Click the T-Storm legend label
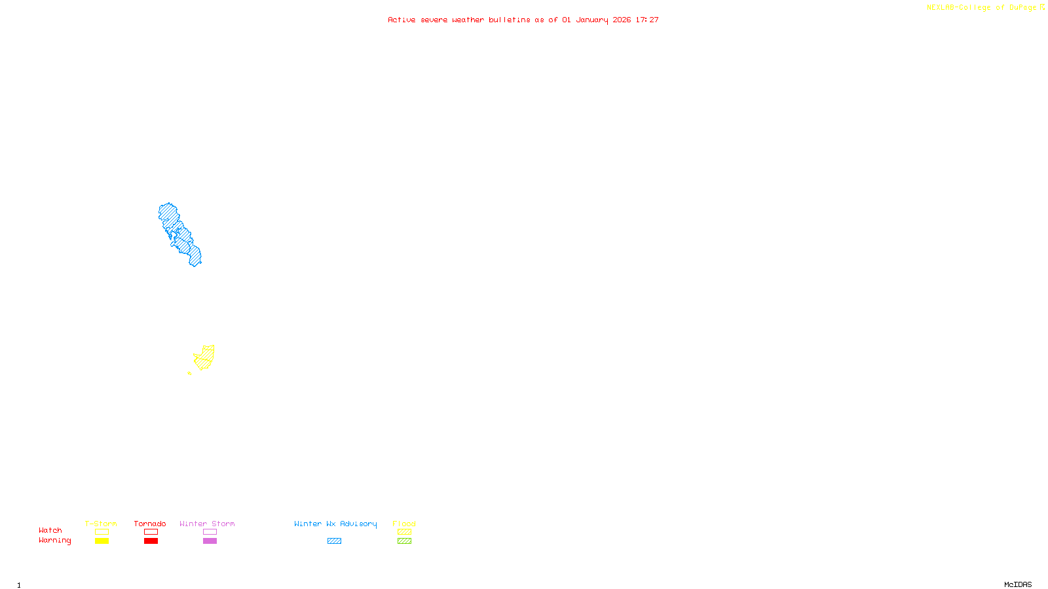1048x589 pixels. (x=101, y=524)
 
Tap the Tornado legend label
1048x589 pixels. (x=150, y=524)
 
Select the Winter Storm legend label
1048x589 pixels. (x=207, y=524)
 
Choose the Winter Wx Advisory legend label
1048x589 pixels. (x=335, y=524)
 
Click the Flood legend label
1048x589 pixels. (x=404, y=524)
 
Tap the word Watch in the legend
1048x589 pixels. (x=50, y=530)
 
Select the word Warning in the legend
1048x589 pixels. (x=54, y=541)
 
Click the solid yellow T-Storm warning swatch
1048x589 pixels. (x=102, y=541)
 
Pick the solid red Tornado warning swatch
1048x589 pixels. (x=151, y=541)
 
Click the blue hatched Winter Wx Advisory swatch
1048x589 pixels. (x=334, y=541)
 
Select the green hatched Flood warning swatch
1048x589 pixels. (x=404, y=541)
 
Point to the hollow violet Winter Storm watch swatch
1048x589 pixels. (x=210, y=532)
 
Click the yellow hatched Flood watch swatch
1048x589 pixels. (x=404, y=532)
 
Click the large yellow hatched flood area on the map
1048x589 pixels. (x=205, y=357)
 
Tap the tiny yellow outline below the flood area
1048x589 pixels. (x=189, y=373)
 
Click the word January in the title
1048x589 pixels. (x=591, y=20)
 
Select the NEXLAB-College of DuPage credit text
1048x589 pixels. (x=981, y=7)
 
